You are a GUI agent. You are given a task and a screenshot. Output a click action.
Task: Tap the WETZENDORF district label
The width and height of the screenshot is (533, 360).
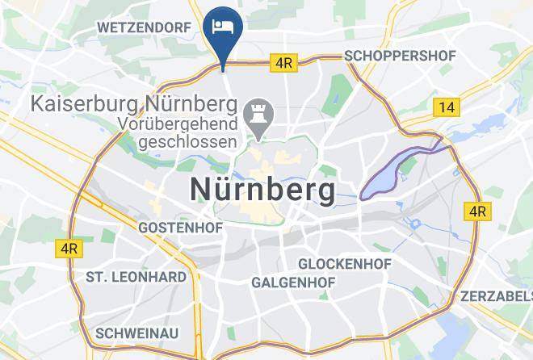144,27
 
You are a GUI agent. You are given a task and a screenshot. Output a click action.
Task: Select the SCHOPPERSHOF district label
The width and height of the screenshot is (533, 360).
400,56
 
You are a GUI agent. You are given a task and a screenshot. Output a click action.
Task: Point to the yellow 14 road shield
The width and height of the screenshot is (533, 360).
445,107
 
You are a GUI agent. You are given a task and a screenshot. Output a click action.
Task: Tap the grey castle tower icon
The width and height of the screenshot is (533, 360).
259,115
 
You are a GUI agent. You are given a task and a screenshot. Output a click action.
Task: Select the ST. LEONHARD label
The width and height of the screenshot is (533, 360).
136,276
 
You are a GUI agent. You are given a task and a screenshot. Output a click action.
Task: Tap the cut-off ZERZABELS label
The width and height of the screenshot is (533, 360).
496,296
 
